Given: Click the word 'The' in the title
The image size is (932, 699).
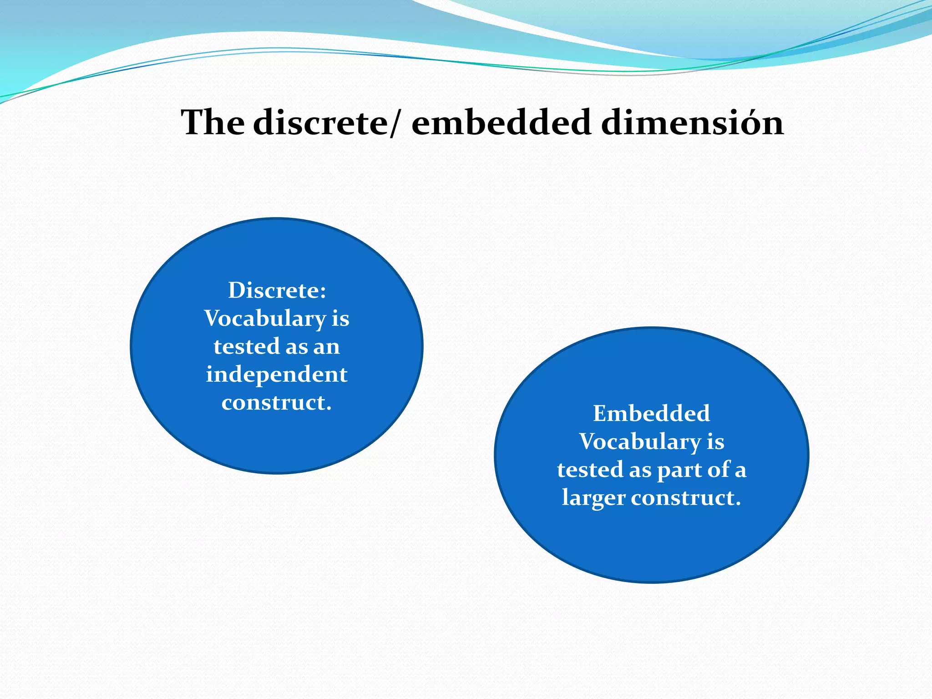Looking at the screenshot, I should coord(212,123).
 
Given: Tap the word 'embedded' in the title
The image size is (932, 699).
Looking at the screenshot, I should coord(501,123).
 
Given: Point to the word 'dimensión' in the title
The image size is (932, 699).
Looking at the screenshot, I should coord(692,123).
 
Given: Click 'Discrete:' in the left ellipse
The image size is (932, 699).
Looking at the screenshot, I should coord(277,290).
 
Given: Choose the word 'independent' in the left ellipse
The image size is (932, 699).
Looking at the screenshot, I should coord(277,375).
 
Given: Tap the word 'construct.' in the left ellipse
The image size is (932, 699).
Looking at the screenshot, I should coord(277,403).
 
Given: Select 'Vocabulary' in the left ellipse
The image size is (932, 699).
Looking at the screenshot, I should coord(264,319).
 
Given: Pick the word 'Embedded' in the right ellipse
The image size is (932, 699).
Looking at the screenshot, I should coord(651,414).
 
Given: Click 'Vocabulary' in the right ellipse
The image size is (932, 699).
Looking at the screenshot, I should coord(639,442).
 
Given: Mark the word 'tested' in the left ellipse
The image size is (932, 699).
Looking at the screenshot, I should coord(246,347).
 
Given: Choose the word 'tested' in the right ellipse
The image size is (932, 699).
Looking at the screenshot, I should coord(590,470).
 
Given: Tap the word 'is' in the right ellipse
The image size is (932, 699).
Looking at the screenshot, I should coord(715,442).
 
